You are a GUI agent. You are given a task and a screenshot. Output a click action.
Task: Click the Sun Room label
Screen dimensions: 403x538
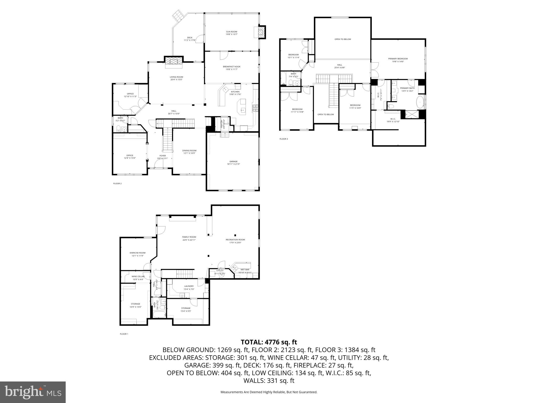(x=231, y=33)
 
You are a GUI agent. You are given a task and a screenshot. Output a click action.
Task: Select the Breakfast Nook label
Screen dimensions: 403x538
(x=231, y=68)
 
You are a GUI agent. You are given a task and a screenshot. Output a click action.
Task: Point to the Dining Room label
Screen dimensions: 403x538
(x=189, y=152)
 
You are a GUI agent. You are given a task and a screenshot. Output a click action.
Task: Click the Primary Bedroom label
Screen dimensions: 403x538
(x=398, y=60)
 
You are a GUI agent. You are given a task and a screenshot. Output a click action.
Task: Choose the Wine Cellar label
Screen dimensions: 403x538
(x=138, y=278)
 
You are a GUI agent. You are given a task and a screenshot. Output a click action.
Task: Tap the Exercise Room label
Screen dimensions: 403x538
(x=137, y=254)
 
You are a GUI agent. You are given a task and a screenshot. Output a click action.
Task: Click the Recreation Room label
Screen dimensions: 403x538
(x=235, y=241)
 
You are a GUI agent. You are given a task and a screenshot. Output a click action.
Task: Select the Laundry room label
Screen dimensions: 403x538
(x=189, y=288)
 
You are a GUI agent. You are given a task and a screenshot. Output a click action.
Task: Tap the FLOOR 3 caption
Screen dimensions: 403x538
(x=284, y=139)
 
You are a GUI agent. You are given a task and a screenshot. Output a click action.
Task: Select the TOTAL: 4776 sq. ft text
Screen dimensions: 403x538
(x=269, y=342)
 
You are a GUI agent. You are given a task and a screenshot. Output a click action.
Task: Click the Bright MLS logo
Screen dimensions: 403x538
(x=33, y=392)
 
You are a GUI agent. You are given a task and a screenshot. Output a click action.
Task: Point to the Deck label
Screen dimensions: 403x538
(x=190, y=39)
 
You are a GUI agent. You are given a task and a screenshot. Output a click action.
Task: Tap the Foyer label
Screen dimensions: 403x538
(x=163, y=157)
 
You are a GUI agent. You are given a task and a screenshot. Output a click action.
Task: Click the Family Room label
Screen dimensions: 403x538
(x=189, y=238)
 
